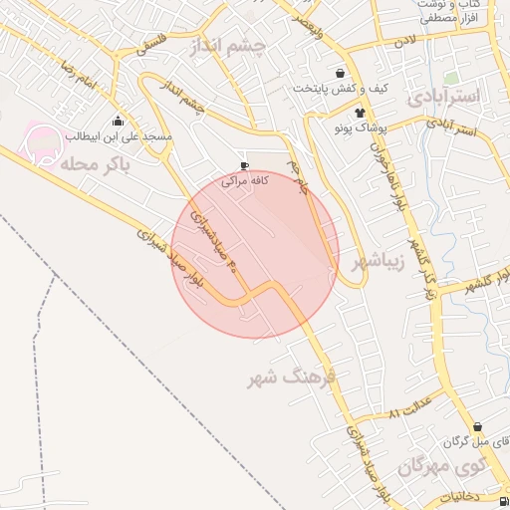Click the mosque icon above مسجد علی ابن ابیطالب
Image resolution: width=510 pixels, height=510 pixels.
pos(119,122)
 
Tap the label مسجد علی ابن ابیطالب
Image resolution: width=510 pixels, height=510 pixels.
pos(119,135)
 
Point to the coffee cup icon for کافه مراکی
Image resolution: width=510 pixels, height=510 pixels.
pos(245,166)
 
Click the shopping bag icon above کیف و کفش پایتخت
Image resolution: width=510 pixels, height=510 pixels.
pos(341,73)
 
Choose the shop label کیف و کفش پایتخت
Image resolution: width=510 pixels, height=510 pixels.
pos(339,89)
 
